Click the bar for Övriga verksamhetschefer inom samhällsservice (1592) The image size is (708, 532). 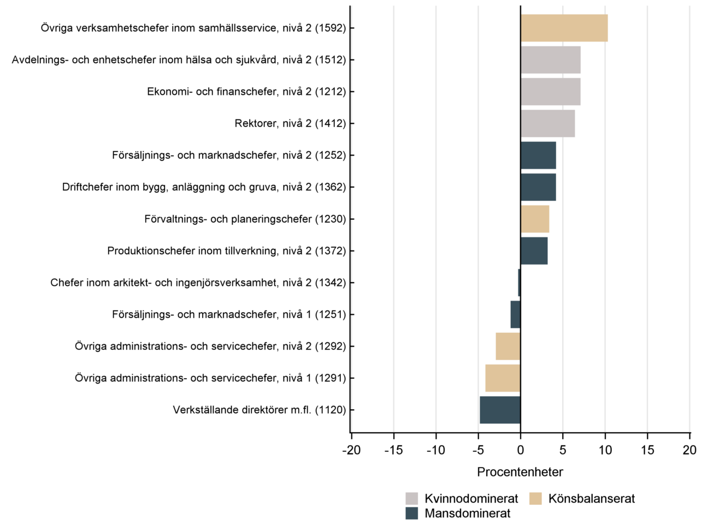[564, 28]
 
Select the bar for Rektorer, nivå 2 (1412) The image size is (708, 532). [547, 123]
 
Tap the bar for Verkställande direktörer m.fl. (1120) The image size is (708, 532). [500, 410]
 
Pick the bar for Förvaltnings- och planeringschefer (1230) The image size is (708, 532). [535, 219]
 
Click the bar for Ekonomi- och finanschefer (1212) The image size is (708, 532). [550, 92]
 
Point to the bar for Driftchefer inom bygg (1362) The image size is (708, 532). [538, 187]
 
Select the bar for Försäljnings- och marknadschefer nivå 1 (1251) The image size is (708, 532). [515, 314]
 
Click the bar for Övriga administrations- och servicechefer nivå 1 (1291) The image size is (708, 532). [503, 378]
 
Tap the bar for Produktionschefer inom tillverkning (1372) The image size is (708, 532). [534, 251]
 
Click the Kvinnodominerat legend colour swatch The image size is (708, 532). [412, 499]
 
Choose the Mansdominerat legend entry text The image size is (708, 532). [467, 513]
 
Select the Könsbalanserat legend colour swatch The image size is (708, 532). [535, 499]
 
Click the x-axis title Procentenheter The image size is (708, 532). [520, 472]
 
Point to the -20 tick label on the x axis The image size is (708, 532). [351, 450]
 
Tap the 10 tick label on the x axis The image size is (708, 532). [605, 450]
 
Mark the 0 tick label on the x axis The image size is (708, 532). [520, 450]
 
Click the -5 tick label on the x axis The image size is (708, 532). [478, 450]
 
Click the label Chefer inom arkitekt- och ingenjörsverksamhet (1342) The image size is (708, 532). [198, 283]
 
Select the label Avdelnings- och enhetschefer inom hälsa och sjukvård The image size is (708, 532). [179, 60]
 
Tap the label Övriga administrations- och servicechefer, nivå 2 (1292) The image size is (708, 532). [210, 346]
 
